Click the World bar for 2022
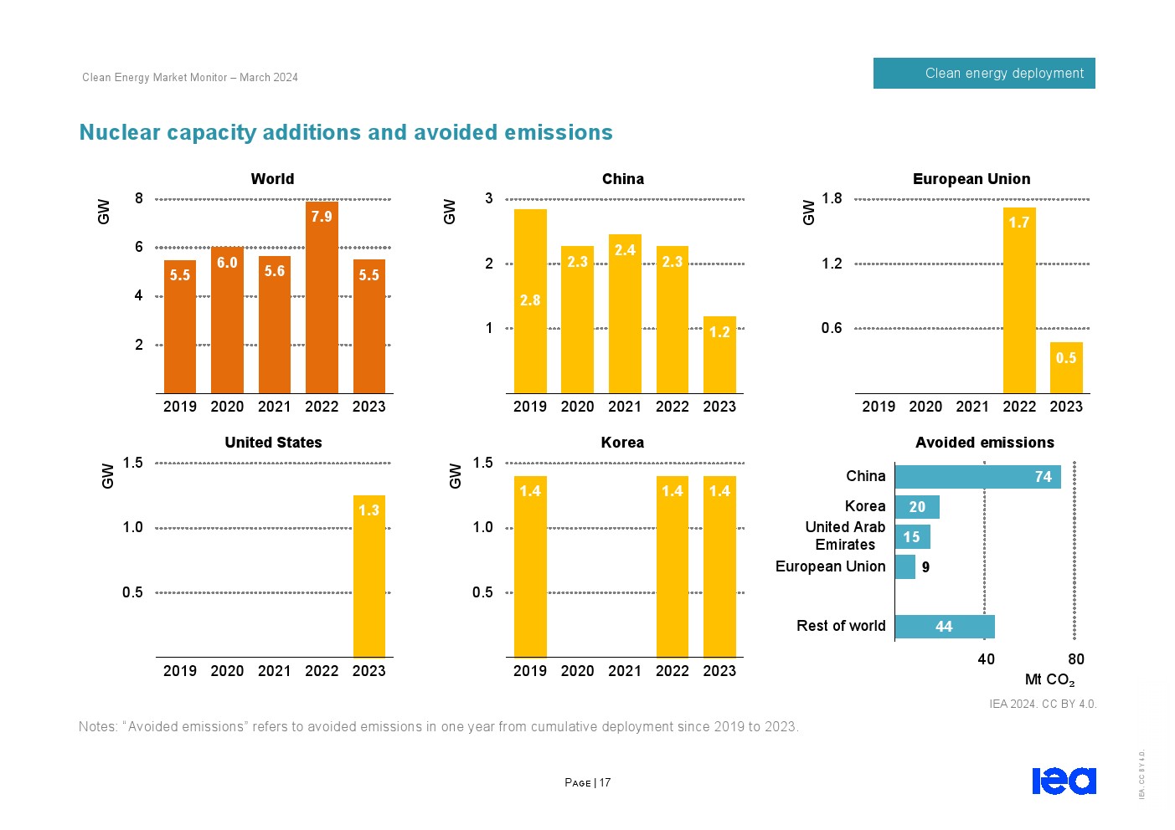pos(322,297)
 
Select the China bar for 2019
pos(530,301)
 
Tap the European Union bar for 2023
pos(1066,367)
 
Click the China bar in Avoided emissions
pos(977,477)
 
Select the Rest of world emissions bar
pos(945,627)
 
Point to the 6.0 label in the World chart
pos(227,263)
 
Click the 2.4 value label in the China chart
pos(625,250)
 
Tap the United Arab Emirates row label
pos(845,536)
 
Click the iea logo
pos(1064,781)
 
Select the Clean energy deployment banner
pos(984,74)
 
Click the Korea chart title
pos(622,443)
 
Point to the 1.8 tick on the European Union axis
pos(832,198)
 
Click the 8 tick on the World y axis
pos(139,198)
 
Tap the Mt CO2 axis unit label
pos(1049,679)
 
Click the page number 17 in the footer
pos(605,783)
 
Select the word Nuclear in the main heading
pos(120,133)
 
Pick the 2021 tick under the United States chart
pos(274,671)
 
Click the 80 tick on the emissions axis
pos(1076,659)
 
